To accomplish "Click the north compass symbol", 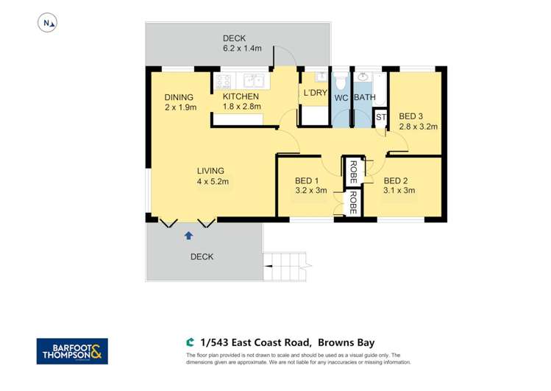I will tap(48, 24).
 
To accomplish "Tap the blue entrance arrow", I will tap(188, 236).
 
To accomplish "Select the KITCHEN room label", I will tap(241, 96).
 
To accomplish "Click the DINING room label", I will tap(179, 97).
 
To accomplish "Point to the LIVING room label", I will tap(210, 171).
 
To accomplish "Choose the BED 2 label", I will tap(399, 180).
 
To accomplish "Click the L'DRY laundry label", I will tap(315, 93).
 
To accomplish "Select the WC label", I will tap(341, 97).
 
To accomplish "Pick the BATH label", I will tap(365, 97).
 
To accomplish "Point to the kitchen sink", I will tap(253, 80).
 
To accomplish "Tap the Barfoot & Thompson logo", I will tap(72, 351).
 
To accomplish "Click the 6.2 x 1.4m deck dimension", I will tap(235, 49).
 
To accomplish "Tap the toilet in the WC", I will tap(341, 79).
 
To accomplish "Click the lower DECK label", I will tap(202, 257).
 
